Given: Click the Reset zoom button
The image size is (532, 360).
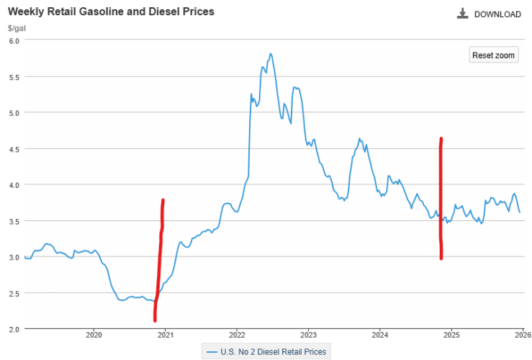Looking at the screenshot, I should (494, 55).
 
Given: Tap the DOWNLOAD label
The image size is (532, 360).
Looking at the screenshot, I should (497, 14).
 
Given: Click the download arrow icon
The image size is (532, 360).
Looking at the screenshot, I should (462, 14).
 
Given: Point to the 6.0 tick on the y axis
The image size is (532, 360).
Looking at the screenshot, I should (13, 40).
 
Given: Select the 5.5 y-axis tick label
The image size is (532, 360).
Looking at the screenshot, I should (13, 76).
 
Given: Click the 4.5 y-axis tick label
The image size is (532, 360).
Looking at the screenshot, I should (13, 148).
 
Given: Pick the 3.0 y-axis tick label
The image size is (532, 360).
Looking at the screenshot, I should (13, 257).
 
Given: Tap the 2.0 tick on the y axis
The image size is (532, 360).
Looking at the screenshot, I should (13, 329).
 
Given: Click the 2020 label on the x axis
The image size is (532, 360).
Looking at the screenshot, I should (94, 335).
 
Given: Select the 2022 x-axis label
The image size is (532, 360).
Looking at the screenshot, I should (237, 335).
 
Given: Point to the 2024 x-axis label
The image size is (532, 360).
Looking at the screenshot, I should (380, 335).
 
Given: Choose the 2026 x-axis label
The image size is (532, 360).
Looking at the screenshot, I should (522, 335).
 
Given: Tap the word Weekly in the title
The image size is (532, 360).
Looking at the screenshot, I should (24, 12).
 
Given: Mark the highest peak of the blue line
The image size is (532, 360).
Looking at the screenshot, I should (270, 53).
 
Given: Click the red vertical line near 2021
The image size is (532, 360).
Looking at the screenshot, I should (159, 259).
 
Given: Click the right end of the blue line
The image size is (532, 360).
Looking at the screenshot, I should (520, 212).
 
